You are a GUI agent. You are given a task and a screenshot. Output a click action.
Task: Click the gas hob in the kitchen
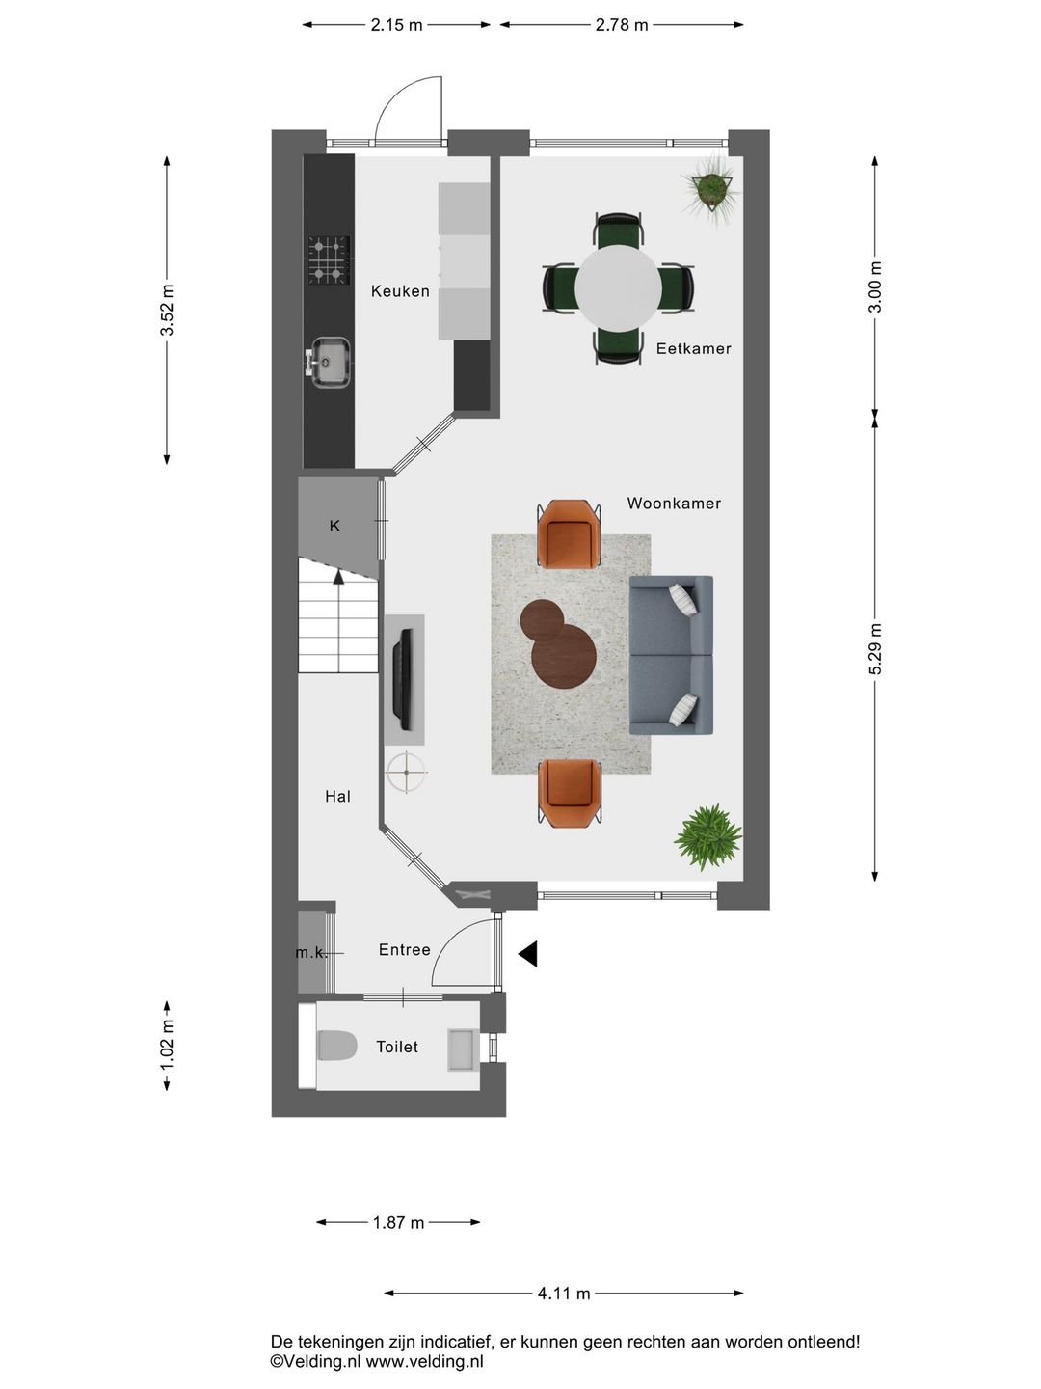pos(329,260)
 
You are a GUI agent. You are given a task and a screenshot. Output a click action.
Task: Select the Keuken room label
pos(400,291)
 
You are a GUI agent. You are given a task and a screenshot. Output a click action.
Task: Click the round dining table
pos(618,287)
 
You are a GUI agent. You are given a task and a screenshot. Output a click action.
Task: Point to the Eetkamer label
pos(693,348)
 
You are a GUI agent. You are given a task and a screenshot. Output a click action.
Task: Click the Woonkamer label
pos(674,504)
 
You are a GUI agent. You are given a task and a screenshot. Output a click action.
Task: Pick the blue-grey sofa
pos(671,655)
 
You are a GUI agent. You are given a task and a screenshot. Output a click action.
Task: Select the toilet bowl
pos(337,1045)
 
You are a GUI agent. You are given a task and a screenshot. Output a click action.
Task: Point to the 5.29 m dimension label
pos(875,649)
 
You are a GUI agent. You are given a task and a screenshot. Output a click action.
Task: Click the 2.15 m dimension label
pos(396,25)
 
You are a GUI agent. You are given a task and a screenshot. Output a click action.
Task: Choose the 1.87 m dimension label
pos(398,1222)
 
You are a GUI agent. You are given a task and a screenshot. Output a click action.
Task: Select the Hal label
pos(338,797)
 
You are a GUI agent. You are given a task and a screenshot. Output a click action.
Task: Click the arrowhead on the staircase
pos(338,576)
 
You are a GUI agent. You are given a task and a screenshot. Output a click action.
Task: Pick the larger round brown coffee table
pos(564,657)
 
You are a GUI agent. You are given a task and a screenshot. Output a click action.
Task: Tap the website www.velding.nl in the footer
pos(425,1359)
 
